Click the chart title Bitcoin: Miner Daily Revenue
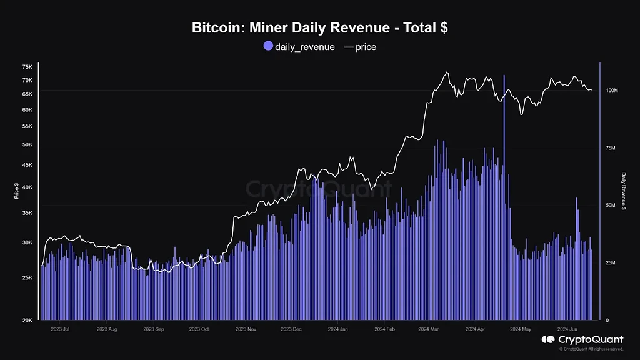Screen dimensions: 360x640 click(319, 28)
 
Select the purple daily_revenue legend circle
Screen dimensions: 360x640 click(268, 46)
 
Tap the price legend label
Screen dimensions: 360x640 click(366, 47)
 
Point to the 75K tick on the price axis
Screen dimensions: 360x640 click(27, 67)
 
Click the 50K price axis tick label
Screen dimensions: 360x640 click(27, 144)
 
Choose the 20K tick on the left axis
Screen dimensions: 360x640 click(27, 320)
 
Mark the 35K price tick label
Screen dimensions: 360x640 click(27, 213)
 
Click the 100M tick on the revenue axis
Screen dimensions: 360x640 click(612, 91)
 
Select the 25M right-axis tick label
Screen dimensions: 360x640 click(611, 263)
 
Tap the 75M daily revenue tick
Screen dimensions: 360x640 click(611, 148)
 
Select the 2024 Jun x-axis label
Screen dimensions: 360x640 click(568, 328)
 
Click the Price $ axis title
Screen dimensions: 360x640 click(16, 191)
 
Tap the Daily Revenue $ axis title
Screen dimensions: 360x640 click(623, 191)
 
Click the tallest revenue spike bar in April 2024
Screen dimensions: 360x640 click(504, 187)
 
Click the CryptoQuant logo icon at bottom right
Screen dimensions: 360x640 click(548, 339)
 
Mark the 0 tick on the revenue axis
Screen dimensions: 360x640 click(607, 320)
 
